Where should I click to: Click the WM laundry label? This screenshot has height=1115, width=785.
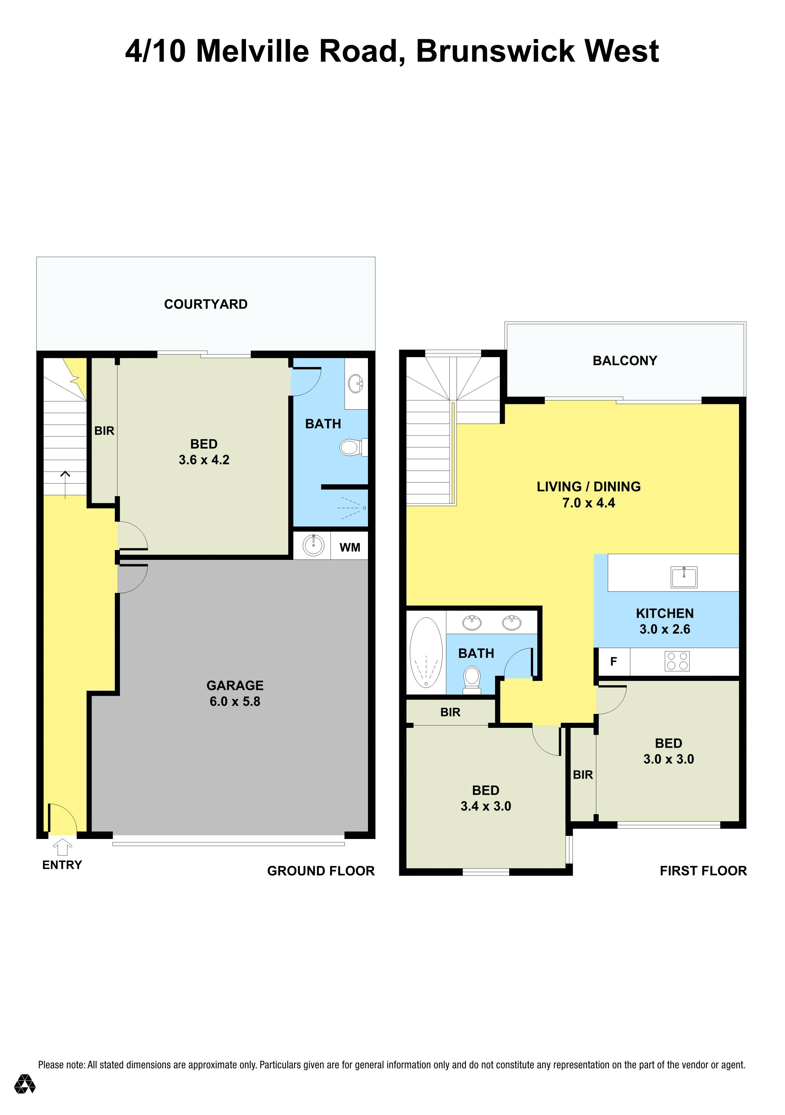[350, 547]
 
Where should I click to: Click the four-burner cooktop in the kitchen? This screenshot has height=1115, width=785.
[677, 661]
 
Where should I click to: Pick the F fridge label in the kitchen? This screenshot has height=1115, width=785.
[613, 661]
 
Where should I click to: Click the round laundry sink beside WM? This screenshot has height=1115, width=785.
[313, 545]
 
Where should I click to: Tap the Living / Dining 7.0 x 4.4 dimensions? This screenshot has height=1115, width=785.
[588, 503]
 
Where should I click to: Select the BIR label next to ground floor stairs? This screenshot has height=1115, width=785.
[104, 430]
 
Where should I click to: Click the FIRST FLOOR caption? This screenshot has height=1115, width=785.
[703, 871]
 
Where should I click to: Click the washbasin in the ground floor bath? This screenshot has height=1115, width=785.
[356, 384]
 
